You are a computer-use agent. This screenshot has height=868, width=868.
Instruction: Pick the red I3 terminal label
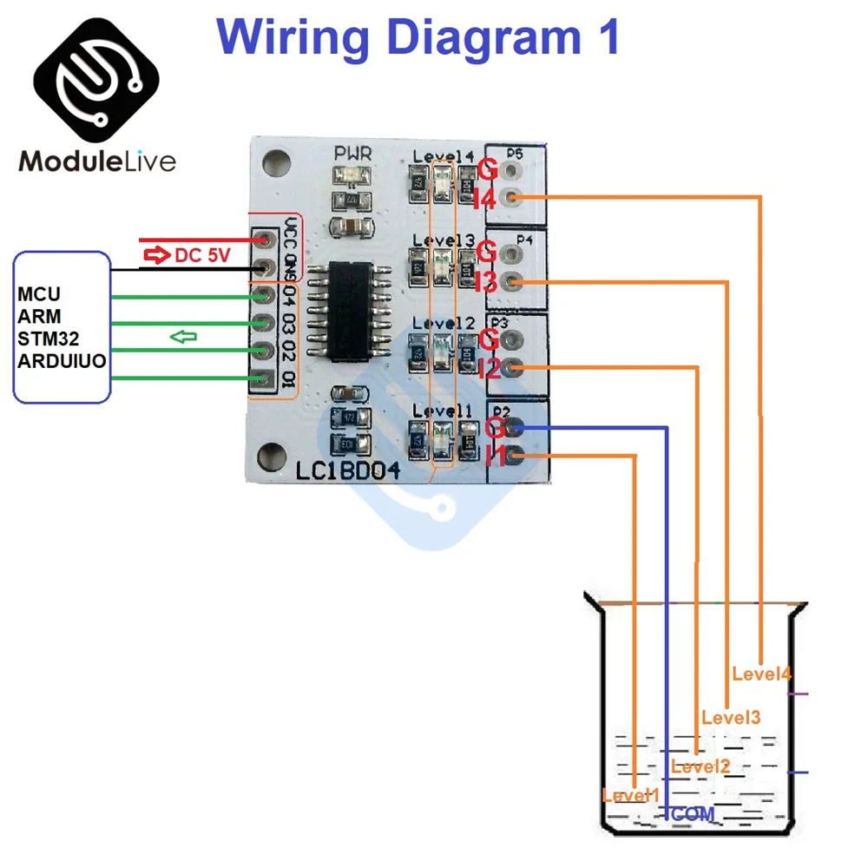click(x=485, y=282)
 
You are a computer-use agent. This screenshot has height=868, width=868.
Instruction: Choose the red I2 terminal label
click(x=488, y=369)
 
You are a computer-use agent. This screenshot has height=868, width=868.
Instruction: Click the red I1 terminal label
click(x=496, y=455)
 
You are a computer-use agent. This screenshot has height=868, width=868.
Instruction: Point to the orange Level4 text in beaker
click(x=761, y=673)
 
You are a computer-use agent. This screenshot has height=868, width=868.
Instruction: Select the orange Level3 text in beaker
click(x=731, y=718)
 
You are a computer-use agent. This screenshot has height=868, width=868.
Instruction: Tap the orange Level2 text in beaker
click(x=700, y=766)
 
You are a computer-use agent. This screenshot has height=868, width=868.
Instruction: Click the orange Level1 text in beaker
click(x=630, y=795)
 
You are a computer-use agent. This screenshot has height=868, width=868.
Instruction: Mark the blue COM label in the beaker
click(x=693, y=814)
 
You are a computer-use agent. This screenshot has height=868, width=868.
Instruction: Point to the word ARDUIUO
click(x=62, y=359)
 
